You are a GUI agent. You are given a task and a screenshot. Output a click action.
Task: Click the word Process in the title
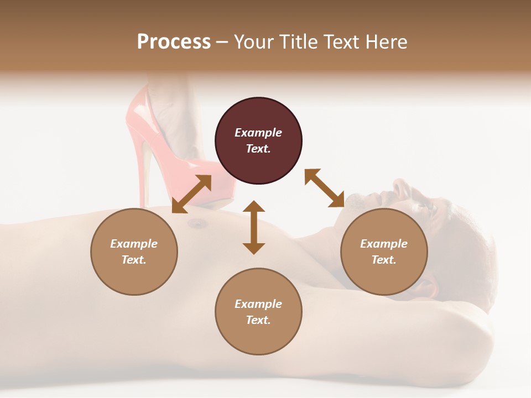(x=174, y=42)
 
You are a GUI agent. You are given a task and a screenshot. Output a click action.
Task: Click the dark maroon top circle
(x=258, y=140)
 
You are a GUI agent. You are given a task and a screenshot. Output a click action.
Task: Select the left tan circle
(x=134, y=252)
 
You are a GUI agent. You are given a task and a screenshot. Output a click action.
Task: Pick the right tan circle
(x=384, y=252)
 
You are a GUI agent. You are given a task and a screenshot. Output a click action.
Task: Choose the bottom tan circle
(x=258, y=312)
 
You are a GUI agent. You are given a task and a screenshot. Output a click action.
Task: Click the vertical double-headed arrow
(x=254, y=228)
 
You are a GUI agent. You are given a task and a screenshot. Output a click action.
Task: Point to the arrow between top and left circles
(x=191, y=194)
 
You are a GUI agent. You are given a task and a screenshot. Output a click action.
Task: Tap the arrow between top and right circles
(x=324, y=188)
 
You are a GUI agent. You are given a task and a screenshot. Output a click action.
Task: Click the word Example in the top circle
(x=258, y=133)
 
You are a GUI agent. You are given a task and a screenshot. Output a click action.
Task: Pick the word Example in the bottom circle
(x=258, y=304)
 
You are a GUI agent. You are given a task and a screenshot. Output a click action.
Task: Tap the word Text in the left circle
(x=134, y=260)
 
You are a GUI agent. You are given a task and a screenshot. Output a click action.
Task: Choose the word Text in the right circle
(x=384, y=260)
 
